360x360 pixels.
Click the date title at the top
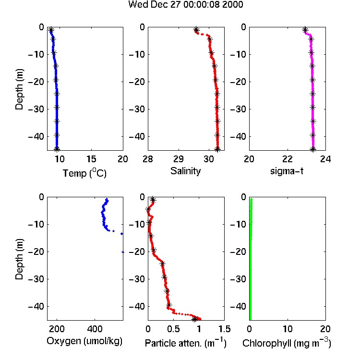point(185,4)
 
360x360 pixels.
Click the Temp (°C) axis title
point(84,173)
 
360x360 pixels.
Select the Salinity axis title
point(185,171)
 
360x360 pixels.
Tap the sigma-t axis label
point(287,171)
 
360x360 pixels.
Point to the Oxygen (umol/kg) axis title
point(84,341)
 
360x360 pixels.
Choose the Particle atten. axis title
point(185,343)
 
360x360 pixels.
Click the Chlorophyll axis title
point(287,343)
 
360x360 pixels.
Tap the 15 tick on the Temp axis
point(91,159)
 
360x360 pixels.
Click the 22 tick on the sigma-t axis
point(287,159)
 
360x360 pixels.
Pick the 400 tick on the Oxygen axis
point(95,329)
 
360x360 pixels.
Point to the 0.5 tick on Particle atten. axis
point(173,329)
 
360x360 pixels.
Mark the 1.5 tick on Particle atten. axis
point(224,329)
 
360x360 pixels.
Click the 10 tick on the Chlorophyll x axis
point(287,329)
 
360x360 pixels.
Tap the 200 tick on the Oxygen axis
point(57,329)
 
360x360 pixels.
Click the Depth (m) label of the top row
point(19,89)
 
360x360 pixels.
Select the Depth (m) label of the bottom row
point(19,259)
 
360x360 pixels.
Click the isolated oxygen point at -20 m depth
point(123,252)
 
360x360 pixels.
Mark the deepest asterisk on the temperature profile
point(57,149)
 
